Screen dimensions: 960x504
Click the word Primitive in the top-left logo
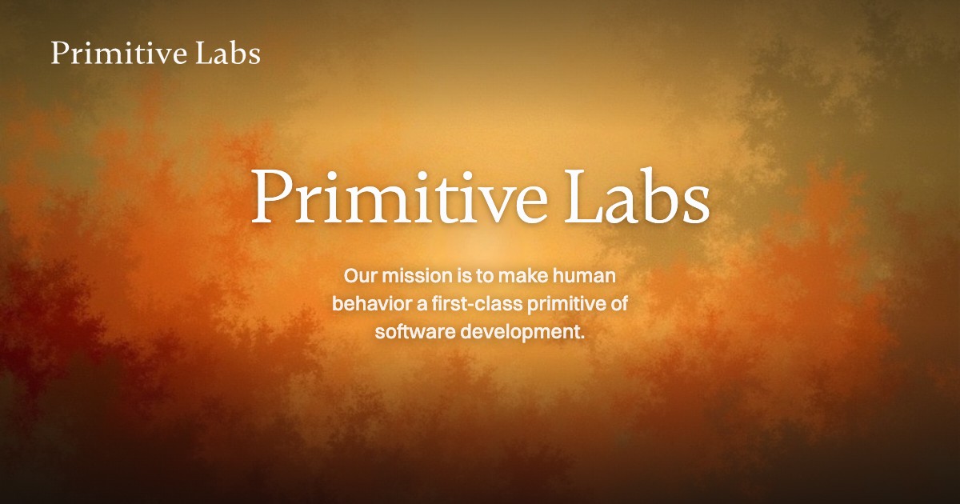[118, 53]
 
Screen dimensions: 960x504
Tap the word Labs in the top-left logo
[228, 53]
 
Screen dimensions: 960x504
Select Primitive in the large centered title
[399, 197]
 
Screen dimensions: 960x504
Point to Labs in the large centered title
[638, 196]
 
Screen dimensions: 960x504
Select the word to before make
[485, 276]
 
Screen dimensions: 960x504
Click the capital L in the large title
[584, 197]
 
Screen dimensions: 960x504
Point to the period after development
[582, 338]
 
